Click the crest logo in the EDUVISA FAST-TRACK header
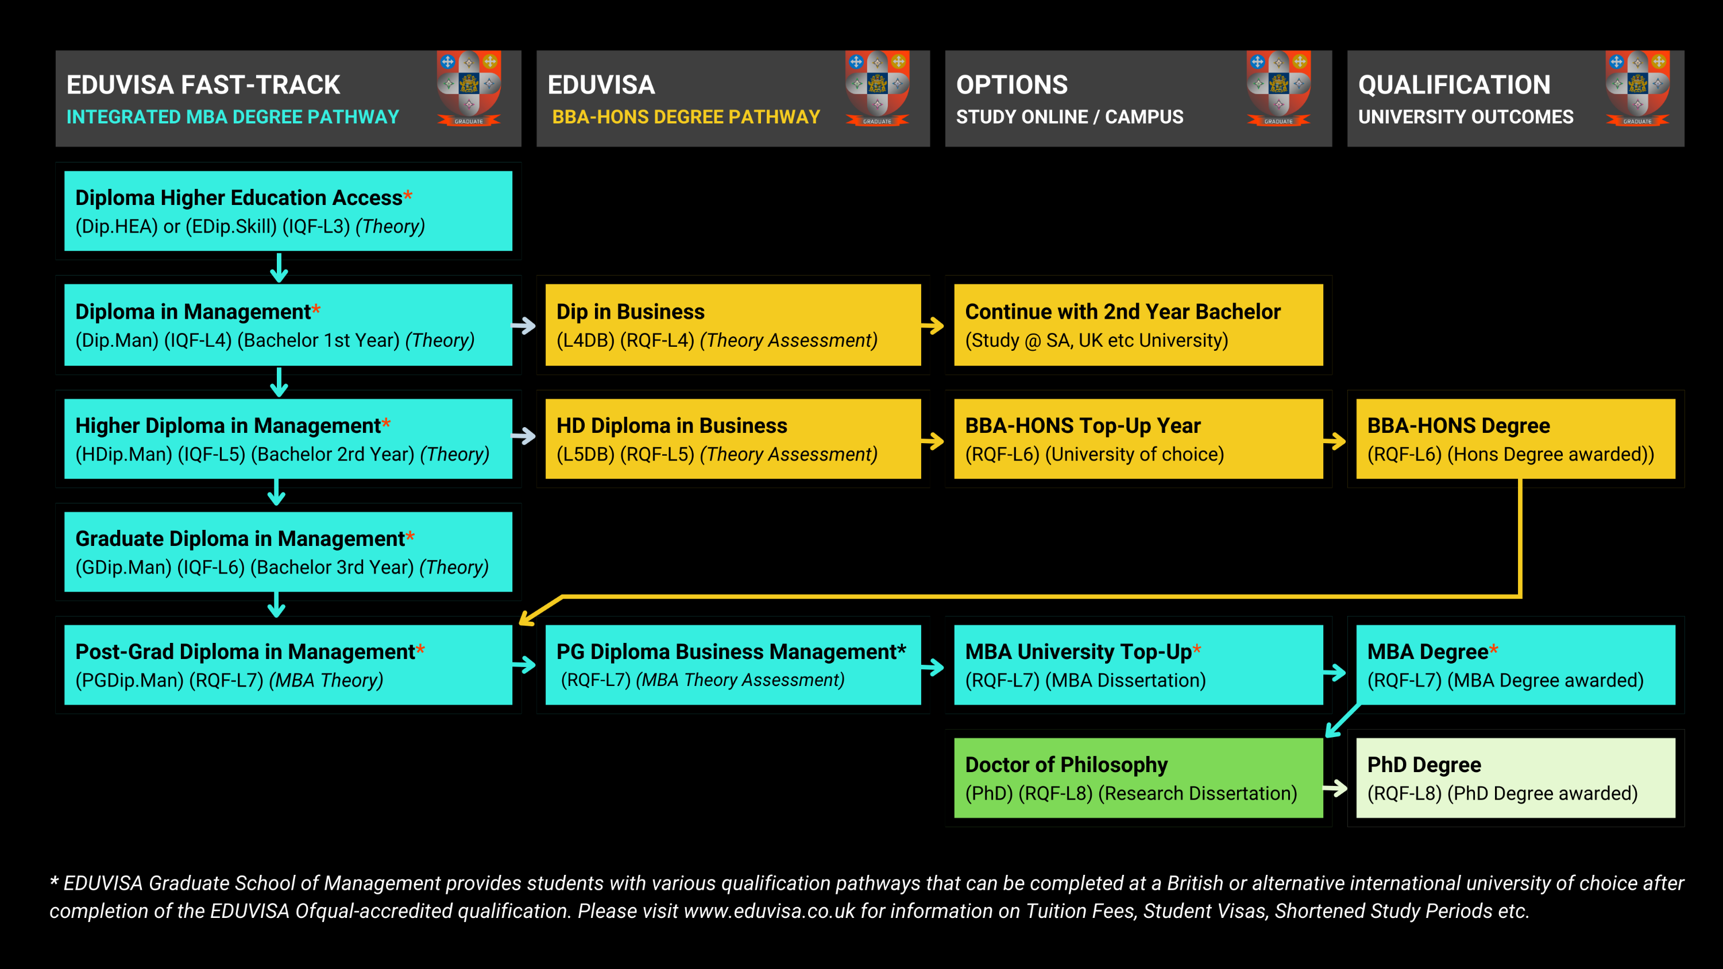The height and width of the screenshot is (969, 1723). (x=469, y=88)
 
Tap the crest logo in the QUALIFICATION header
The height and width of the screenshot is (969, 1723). (x=1637, y=88)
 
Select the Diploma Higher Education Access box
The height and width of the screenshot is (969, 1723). (x=288, y=211)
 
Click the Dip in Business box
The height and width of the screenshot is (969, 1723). (x=733, y=325)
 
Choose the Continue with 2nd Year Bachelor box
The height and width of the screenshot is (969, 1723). (x=1138, y=325)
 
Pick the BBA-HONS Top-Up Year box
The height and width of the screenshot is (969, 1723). (x=1138, y=439)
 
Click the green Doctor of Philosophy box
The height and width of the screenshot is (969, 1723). (x=1138, y=778)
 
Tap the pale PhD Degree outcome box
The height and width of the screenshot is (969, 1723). (x=1516, y=778)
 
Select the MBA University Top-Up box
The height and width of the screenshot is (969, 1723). (x=1138, y=665)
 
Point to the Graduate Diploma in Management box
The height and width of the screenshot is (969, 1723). (x=288, y=552)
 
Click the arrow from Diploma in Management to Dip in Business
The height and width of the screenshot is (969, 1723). (x=524, y=325)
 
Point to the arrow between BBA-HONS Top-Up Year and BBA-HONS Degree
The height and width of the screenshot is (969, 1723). (x=1334, y=441)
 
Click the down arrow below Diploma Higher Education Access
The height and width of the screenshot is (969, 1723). (x=279, y=268)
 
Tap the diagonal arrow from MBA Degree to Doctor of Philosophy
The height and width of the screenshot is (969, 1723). (x=1343, y=721)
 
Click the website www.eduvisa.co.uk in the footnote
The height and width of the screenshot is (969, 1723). (x=769, y=911)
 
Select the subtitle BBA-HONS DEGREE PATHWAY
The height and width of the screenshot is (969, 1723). (x=686, y=117)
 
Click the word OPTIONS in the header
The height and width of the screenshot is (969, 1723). (x=1012, y=85)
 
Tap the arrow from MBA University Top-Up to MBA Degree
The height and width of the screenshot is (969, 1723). (x=1334, y=672)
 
